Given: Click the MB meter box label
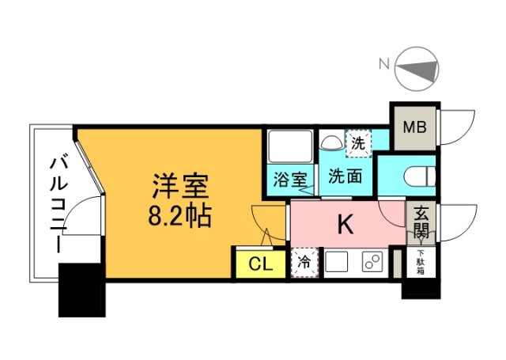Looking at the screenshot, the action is [x=414, y=127].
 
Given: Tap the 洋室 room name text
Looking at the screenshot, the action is [x=181, y=186].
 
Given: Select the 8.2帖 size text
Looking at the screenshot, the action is [x=179, y=215].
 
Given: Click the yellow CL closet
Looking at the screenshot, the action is [x=261, y=264].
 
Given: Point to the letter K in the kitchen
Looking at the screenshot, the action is [x=346, y=225].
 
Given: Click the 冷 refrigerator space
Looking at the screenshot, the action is [x=304, y=263].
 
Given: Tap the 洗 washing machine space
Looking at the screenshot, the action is [x=358, y=143].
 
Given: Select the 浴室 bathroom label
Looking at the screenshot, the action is [x=290, y=180].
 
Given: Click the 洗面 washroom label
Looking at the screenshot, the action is [x=345, y=176].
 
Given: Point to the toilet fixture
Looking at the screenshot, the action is [x=420, y=176].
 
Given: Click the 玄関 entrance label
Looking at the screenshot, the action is [x=421, y=222].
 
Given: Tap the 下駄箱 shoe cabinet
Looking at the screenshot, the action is [x=421, y=262].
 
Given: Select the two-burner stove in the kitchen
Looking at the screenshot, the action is [x=372, y=261].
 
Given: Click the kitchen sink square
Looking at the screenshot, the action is [x=337, y=261].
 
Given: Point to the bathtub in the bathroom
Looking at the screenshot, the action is [x=290, y=146].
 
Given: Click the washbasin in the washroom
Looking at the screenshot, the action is [x=332, y=142].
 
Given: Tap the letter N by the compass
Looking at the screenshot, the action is [x=384, y=64].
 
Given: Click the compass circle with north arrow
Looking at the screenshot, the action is [x=417, y=69].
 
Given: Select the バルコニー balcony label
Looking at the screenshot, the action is [x=59, y=204].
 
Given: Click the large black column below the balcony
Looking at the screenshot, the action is [x=82, y=290].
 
